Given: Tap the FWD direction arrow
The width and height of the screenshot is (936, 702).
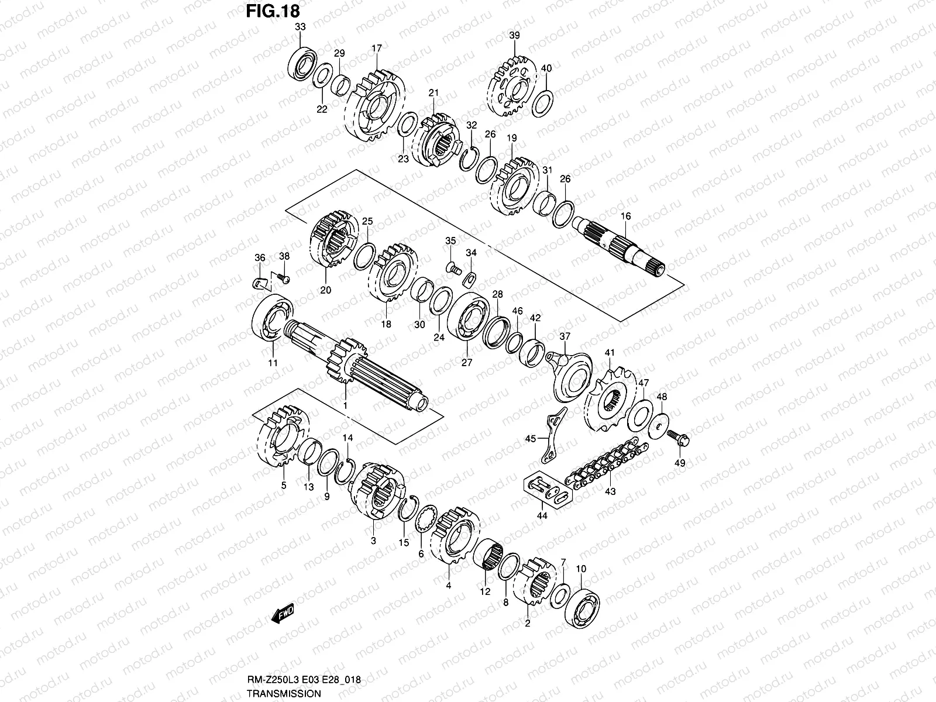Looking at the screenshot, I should click(x=283, y=614).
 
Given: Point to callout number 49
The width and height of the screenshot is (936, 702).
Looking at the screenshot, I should click(x=680, y=463).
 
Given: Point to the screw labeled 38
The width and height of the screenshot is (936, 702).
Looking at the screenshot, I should click(x=283, y=279).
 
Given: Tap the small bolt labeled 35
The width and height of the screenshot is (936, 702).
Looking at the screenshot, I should click(x=452, y=269).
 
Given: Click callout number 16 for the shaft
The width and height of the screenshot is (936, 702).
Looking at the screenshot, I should click(x=625, y=216).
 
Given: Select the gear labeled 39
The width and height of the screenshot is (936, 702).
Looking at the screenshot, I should click(x=513, y=86).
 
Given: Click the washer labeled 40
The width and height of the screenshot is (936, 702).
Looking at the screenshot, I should click(x=543, y=103).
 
